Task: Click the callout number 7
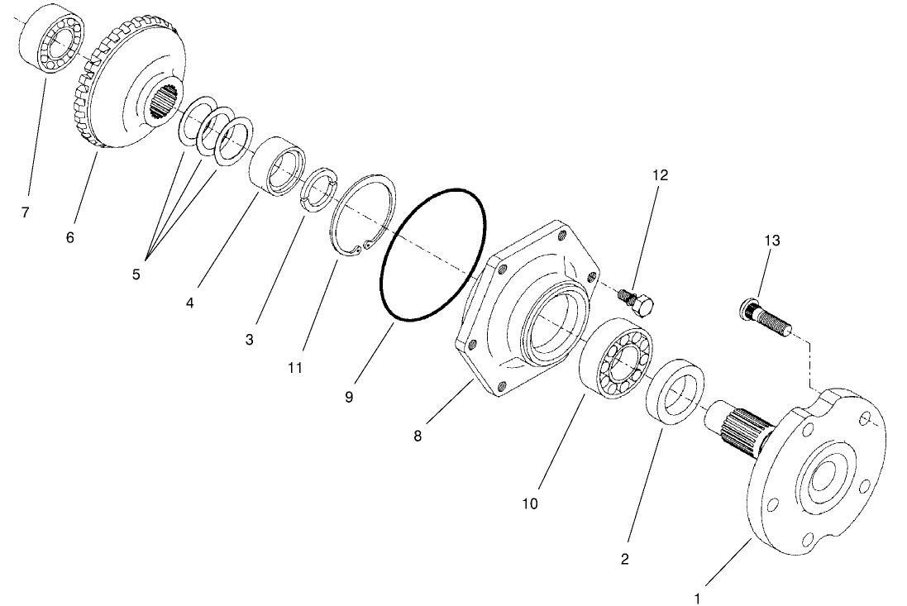point(25,212)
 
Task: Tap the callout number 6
point(69,237)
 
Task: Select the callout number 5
point(136,274)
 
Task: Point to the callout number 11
point(295,366)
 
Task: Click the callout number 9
point(349,397)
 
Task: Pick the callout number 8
point(418,436)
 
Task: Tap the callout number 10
point(530,503)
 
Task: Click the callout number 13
point(771,241)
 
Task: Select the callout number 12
point(660,175)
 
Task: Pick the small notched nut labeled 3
point(317,193)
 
